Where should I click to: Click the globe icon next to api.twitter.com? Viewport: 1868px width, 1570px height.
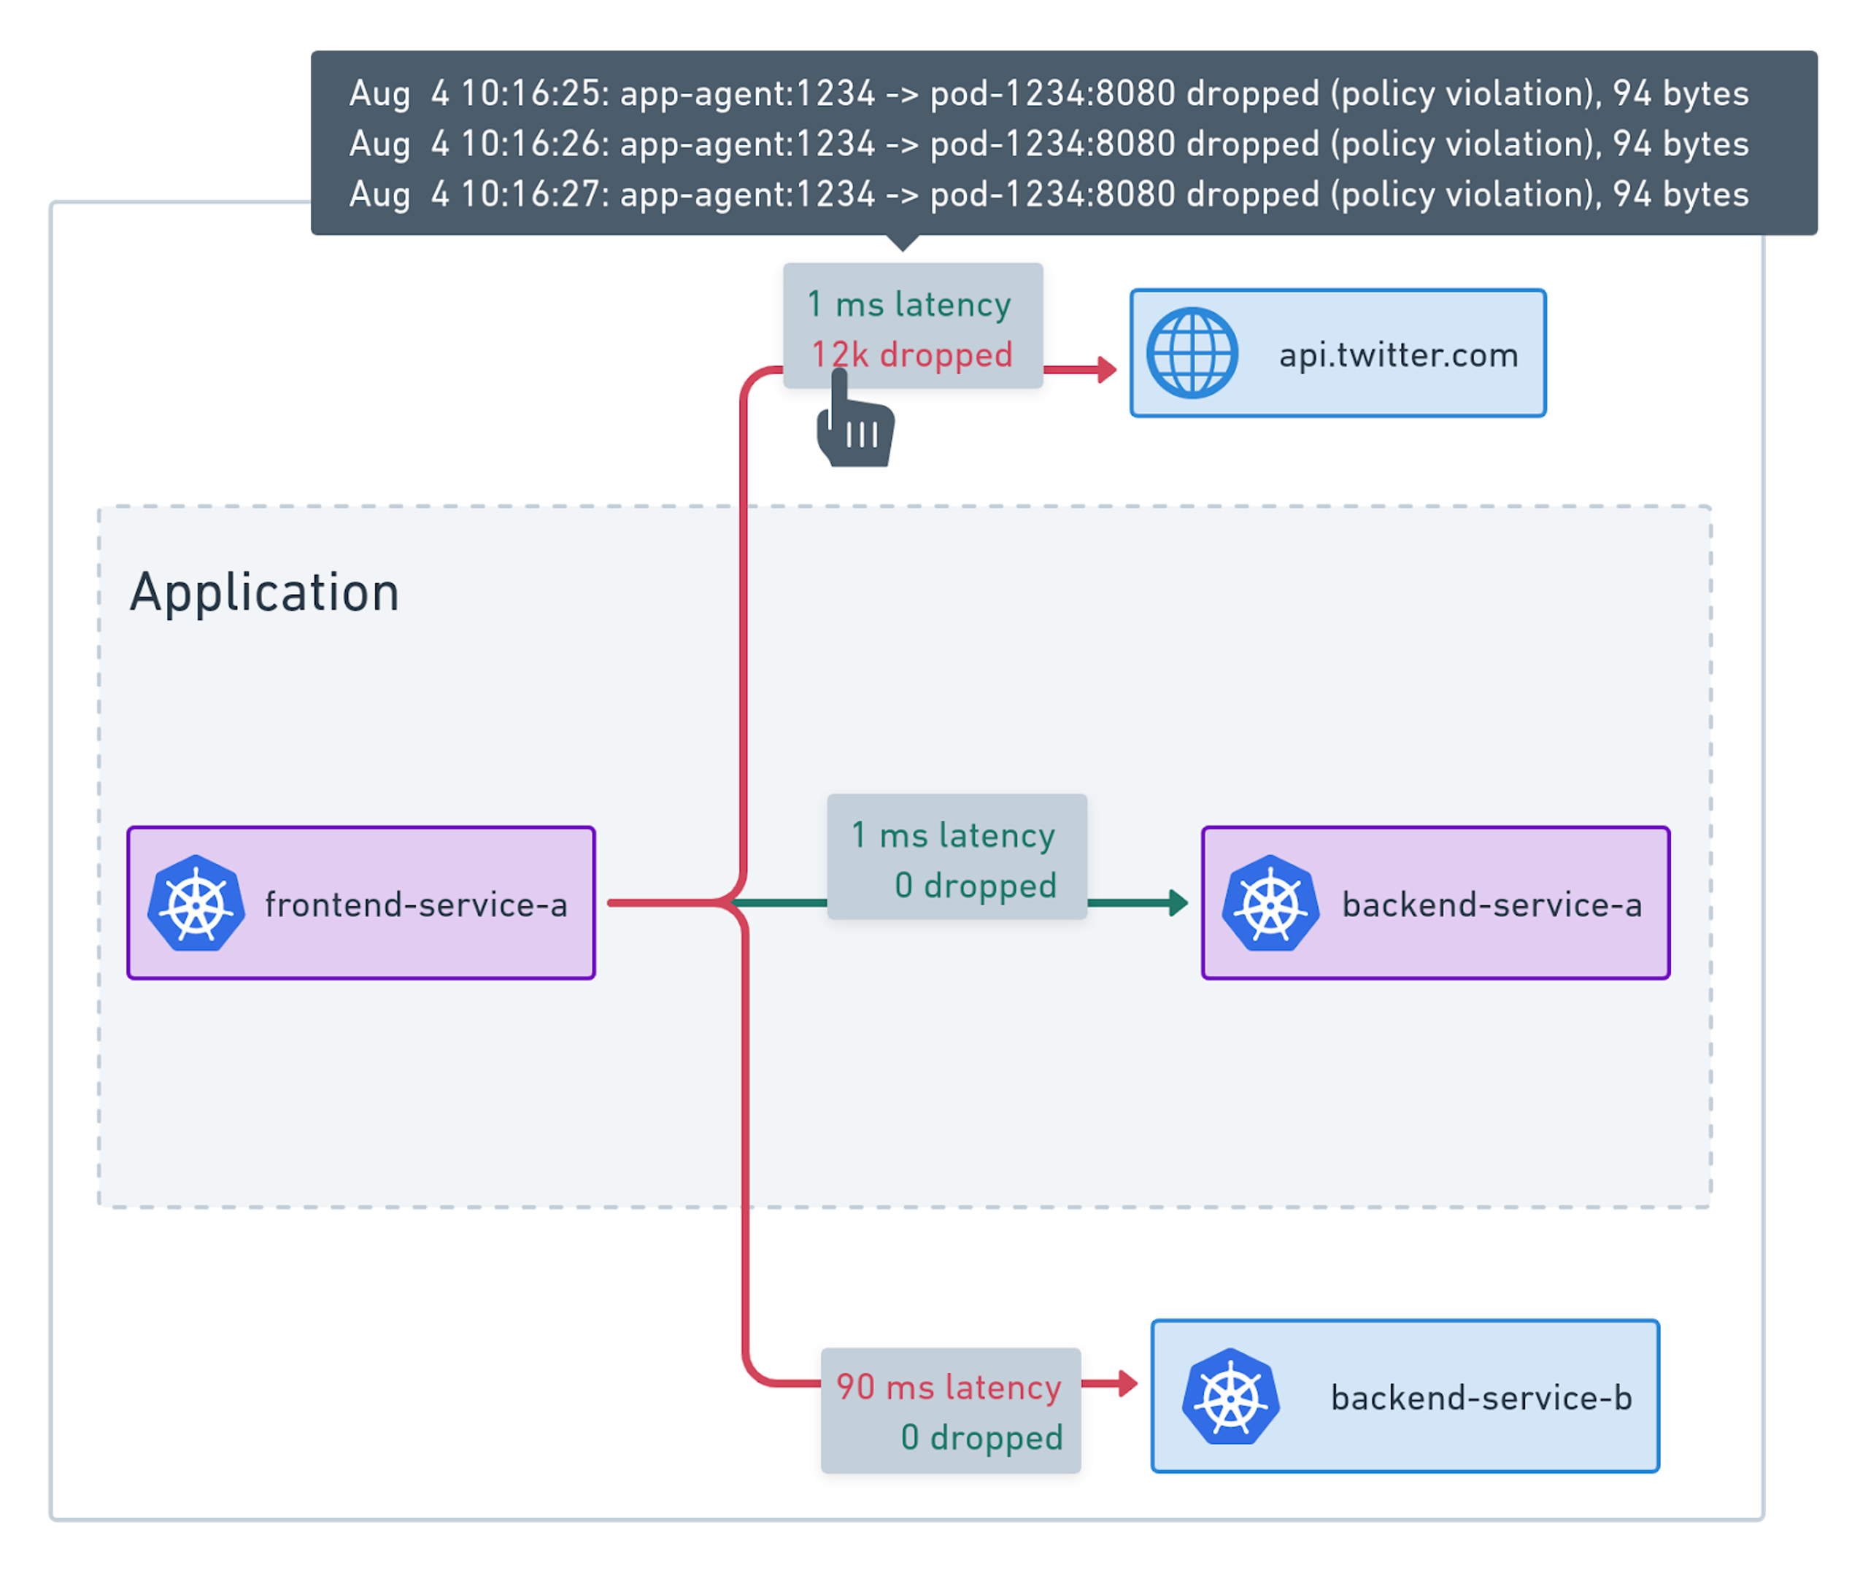1192,353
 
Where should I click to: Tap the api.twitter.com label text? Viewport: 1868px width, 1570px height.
1398,355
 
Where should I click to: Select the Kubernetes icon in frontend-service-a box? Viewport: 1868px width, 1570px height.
196,903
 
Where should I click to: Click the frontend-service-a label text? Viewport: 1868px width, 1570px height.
416,904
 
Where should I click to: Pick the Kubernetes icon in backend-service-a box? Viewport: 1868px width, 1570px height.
1270,903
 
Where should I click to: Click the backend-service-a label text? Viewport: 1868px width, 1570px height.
1491,904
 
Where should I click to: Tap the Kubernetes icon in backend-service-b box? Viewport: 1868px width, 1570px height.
1231,1396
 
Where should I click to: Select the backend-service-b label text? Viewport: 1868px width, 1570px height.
1481,1397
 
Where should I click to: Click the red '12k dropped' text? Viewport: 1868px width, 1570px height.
911,355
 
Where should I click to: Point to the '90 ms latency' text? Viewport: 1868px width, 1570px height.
949,1387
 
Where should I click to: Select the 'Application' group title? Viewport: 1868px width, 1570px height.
264,592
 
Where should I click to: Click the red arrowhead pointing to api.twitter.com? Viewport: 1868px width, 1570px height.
1107,369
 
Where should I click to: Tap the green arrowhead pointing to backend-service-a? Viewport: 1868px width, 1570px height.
1178,902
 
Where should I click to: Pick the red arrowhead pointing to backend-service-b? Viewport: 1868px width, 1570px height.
1127,1383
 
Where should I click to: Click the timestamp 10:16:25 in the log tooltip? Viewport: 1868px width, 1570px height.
532,93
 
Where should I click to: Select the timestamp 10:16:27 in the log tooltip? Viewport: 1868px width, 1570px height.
532,195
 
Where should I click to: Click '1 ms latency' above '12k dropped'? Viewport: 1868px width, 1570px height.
908,304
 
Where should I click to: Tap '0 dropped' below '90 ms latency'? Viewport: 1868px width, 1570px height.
981,1437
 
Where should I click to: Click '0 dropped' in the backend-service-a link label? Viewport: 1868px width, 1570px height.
976,886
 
